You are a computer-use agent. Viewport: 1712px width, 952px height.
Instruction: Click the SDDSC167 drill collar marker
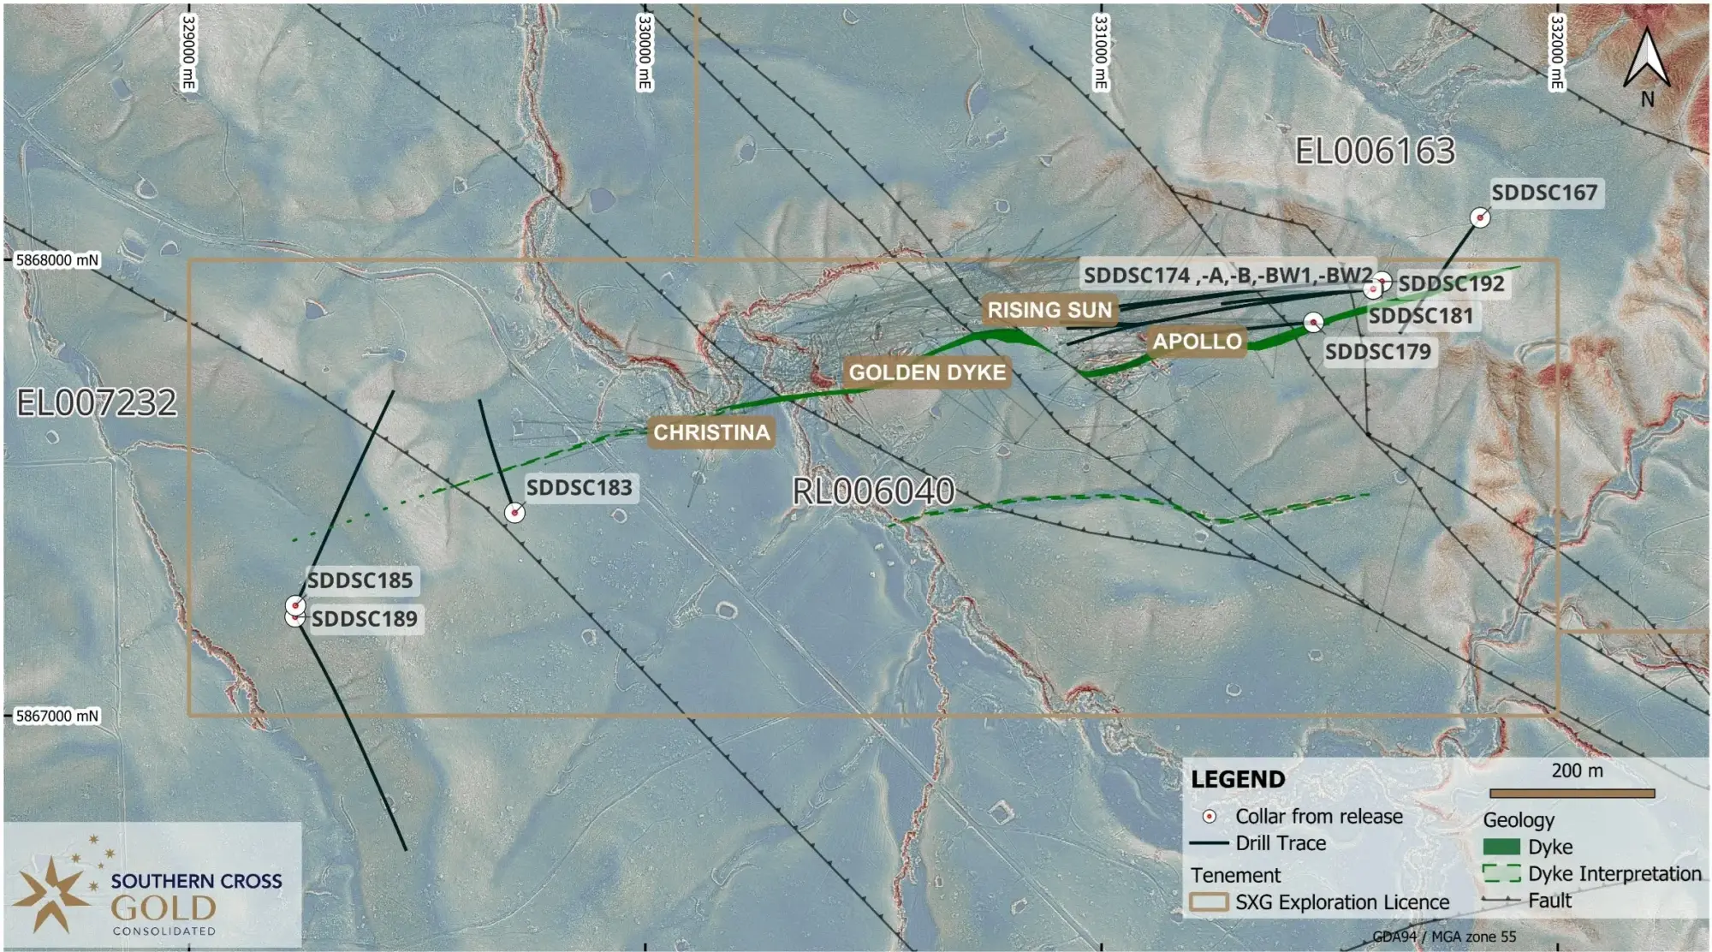1480,217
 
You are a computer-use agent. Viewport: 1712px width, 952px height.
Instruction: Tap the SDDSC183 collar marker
514,512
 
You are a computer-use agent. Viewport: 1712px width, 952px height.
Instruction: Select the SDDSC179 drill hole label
1377,352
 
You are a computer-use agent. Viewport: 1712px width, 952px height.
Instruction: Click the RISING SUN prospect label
1049,310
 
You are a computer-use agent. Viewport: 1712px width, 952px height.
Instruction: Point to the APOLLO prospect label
1197,342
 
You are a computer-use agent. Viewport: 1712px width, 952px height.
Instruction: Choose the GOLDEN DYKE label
927,372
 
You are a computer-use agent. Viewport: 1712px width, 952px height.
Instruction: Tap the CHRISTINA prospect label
711,432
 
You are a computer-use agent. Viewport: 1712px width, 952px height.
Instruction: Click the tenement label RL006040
873,491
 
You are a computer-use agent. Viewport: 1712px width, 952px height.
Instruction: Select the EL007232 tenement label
97,402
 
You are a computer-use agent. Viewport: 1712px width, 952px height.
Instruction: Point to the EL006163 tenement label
1375,152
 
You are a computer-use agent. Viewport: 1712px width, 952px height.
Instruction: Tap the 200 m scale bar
1572,794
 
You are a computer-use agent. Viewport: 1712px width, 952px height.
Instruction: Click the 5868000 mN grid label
57,259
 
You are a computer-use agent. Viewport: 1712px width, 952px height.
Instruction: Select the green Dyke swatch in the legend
1501,847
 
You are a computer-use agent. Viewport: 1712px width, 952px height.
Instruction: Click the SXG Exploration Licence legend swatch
1209,902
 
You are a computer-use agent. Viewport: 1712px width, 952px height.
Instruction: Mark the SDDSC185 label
360,580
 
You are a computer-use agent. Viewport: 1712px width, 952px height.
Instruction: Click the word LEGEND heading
1238,779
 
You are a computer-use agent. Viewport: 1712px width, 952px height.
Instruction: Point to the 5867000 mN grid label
57,716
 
